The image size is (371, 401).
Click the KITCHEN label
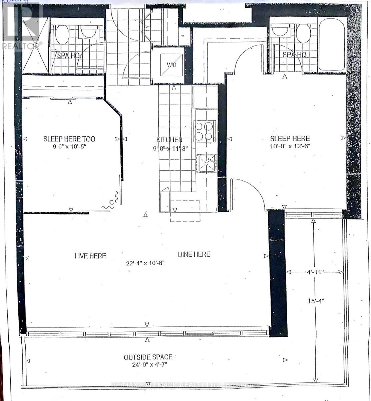[169, 139]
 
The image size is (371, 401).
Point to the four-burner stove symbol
[204, 131]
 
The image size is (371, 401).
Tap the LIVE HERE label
[90, 256]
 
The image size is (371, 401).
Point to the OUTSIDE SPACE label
[148, 357]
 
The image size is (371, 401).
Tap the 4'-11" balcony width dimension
[315, 272]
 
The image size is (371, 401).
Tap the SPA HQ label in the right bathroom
[295, 55]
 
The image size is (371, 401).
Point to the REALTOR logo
[22, 25]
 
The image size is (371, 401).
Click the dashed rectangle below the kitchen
[185, 211]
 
